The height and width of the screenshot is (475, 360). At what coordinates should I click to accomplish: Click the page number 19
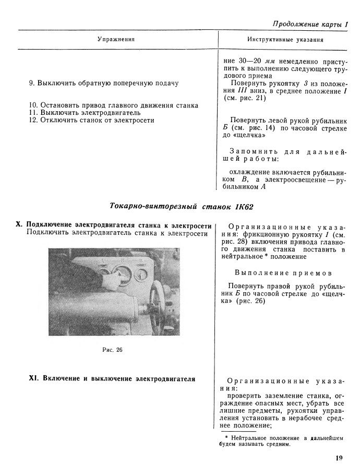(x=339, y=458)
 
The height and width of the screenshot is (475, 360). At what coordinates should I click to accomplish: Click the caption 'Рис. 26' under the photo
(x=112, y=350)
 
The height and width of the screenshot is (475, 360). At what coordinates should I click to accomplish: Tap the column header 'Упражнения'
(x=116, y=39)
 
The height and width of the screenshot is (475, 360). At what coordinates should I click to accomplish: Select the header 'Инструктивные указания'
(x=285, y=40)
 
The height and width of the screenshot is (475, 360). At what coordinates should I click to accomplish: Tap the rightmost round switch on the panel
(x=141, y=275)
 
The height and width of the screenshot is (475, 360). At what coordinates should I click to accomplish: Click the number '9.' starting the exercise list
(x=32, y=83)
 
